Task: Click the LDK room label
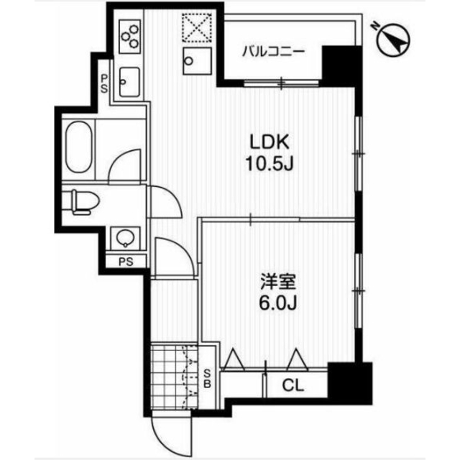pyautogui.click(x=270, y=142)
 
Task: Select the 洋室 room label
pyautogui.click(x=278, y=282)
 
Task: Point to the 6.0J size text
pyautogui.click(x=278, y=303)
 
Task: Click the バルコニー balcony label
pyautogui.click(x=273, y=52)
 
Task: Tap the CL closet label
pyautogui.click(x=293, y=385)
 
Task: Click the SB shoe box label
pyautogui.click(x=208, y=379)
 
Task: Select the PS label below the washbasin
pyautogui.click(x=126, y=262)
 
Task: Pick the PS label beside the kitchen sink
pyautogui.click(x=104, y=83)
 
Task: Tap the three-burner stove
pyautogui.click(x=129, y=37)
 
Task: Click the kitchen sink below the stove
pyautogui.click(x=129, y=82)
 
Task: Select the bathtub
pyautogui.click(x=78, y=147)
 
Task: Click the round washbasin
pyautogui.click(x=126, y=237)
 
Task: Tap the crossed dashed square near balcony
pyautogui.click(x=197, y=27)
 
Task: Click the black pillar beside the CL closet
pyautogui.click(x=350, y=383)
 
